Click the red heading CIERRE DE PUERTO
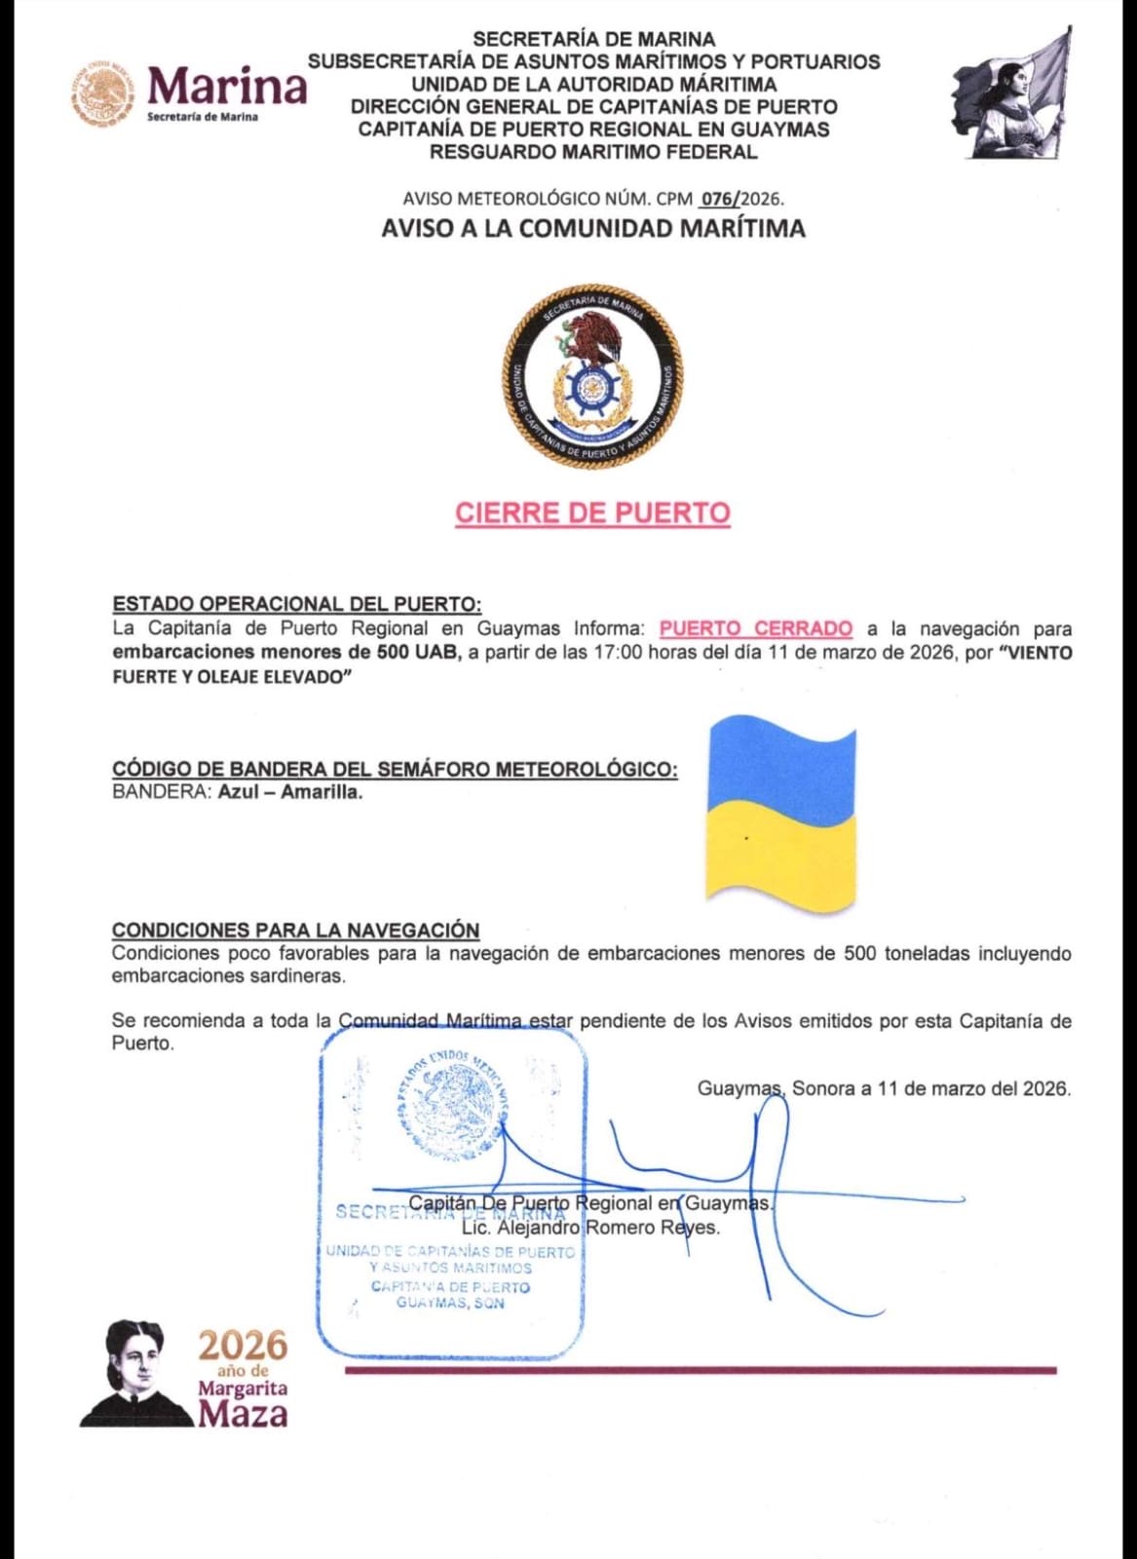pos(592,513)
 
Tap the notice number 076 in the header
pos(719,199)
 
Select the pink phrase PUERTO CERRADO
pos(756,629)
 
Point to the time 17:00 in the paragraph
pos(619,653)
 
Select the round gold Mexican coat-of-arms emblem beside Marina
pos(102,95)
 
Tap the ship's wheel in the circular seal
pos(590,389)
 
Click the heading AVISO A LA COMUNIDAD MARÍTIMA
pos(593,229)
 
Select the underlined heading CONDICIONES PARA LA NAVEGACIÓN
pos(296,931)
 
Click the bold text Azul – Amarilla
pos(290,792)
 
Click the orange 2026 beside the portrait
pos(244,1347)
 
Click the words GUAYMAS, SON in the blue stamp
pos(450,1304)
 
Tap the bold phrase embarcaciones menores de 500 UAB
pos(285,653)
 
